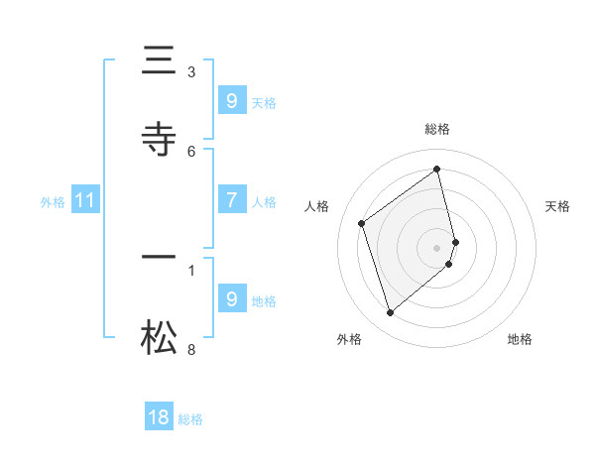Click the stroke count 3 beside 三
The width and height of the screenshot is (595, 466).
tap(191, 71)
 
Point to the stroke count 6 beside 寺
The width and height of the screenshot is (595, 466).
tap(191, 151)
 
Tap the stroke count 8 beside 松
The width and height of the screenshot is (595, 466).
tap(191, 349)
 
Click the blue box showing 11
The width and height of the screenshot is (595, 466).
tap(85, 201)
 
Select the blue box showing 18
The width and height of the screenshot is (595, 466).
tap(159, 417)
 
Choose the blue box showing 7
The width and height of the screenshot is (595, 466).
tap(231, 200)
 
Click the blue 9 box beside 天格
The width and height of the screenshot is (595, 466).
tap(231, 100)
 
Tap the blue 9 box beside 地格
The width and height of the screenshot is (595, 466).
tap(231, 299)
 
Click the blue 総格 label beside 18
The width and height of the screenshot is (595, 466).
tap(190, 419)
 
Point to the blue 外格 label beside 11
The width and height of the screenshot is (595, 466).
tap(53, 202)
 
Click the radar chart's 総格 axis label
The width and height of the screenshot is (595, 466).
tap(437, 129)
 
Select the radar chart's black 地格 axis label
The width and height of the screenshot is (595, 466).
tap(520, 339)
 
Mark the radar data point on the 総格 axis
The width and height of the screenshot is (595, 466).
tap(437, 169)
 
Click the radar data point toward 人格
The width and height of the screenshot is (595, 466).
tap(362, 223)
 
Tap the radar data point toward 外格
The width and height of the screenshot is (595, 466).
tap(390, 313)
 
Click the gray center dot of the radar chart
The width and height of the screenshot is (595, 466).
tap(437, 247)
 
